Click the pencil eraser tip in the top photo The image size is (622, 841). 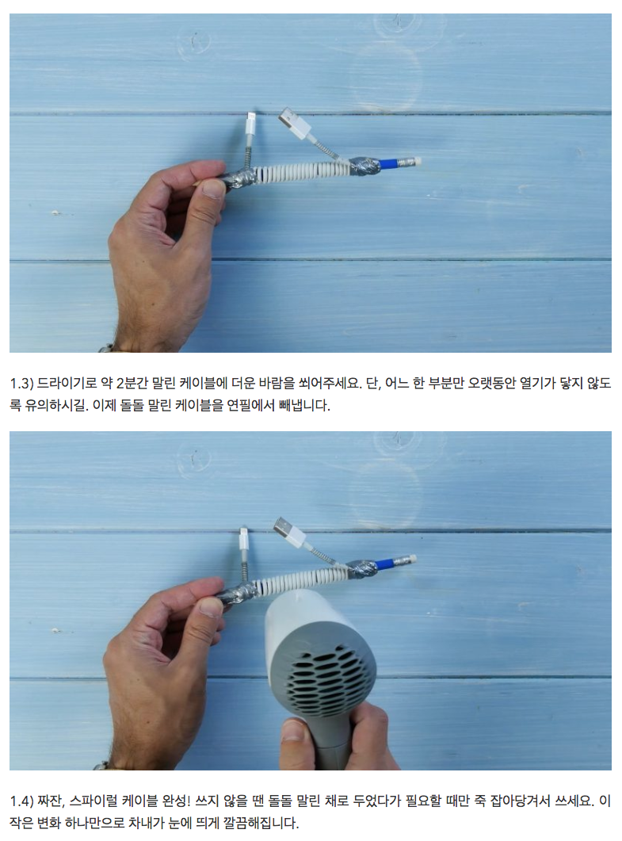[x=415, y=160]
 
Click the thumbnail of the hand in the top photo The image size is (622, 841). [x=213, y=189]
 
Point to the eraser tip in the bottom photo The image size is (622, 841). [x=410, y=560]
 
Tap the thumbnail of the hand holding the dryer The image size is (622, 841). [x=294, y=731]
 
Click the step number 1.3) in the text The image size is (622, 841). [x=21, y=384]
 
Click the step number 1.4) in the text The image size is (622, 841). [x=21, y=801]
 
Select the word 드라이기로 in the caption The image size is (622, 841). [x=67, y=384]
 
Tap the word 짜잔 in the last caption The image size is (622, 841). [x=52, y=801]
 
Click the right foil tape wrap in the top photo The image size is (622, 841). [x=364, y=166]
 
